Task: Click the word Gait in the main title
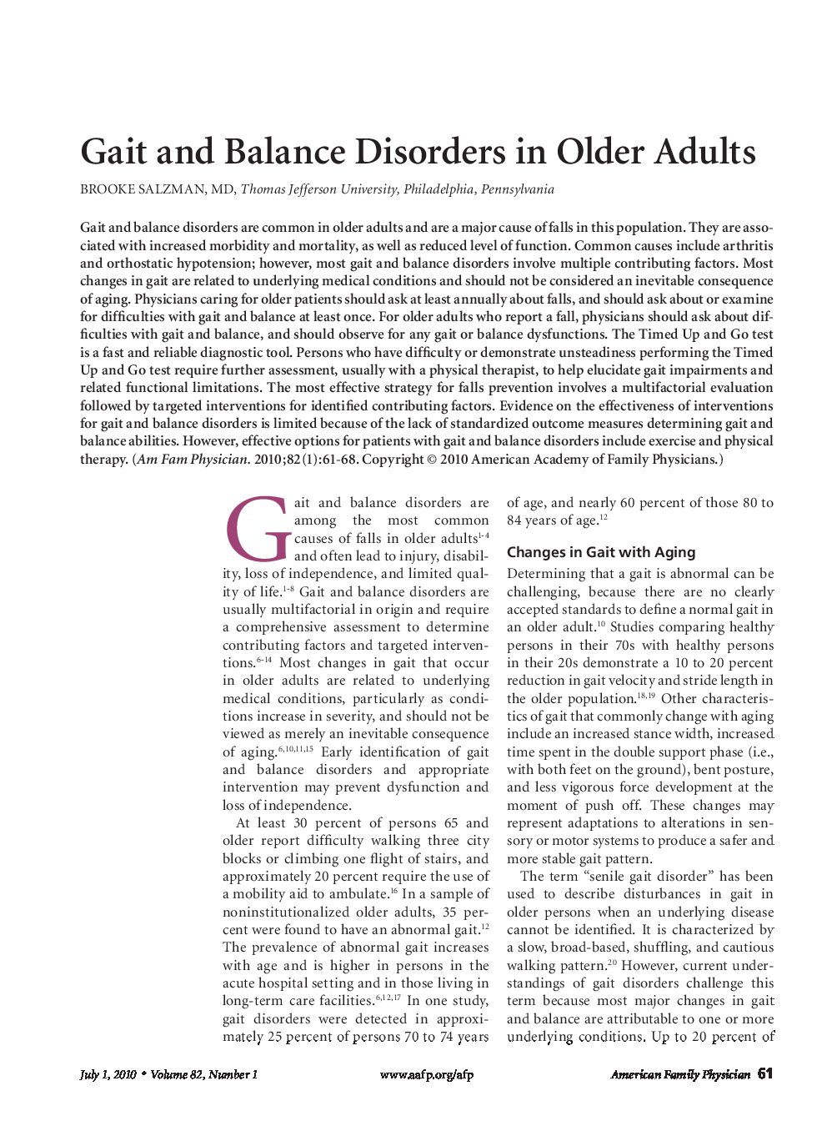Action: (x=113, y=153)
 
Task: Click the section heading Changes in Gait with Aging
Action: (x=600, y=552)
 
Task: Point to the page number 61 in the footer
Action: (x=765, y=1074)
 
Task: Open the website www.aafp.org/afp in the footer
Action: (x=426, y=1074)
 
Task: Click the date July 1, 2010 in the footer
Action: (x=108, y=1074)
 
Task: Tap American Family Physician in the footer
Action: (x=679, y=1074)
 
